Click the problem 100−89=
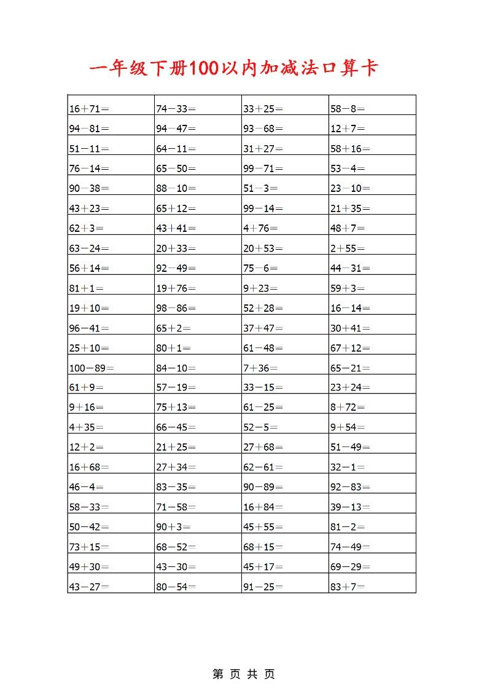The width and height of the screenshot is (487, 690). pos(92,368)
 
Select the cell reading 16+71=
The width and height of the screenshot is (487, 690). pos(89,109)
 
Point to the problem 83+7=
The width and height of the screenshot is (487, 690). pos(348,587)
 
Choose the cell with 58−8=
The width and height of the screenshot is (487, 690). pos(348,109)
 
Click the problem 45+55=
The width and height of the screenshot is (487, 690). pos(263,527)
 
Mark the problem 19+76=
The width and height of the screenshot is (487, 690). pos(176,288)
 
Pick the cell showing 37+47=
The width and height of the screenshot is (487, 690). pos(263,328)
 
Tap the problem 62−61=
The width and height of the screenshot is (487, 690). pos(263,467)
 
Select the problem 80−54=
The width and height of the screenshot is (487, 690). pos(176,587)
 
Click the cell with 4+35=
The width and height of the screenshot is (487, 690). pos(87,427)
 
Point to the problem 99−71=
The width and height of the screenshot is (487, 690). pos(263,169)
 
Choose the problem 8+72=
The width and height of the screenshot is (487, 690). pos(348,408)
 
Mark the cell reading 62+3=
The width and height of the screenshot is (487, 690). pos(87,228)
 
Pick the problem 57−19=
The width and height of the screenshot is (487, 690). pos(176,387)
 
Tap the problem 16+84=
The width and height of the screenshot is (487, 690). pos(263,507)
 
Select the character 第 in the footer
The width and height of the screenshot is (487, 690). pos(218,674)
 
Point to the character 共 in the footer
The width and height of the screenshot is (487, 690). pos(252,674)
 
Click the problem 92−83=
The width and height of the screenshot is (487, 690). pos(350,487)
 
